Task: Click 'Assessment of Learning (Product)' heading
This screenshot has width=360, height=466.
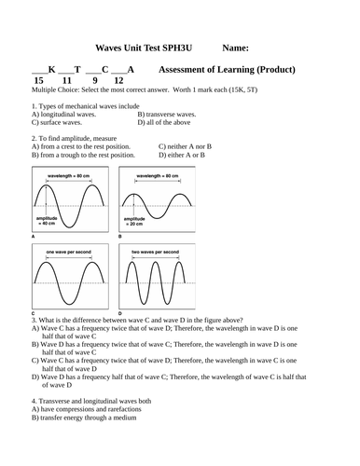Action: click(x=228, y=70)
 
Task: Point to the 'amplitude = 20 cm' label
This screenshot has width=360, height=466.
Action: click(x=139, y=221)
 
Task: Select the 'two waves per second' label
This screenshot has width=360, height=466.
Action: click(x=155, y=252)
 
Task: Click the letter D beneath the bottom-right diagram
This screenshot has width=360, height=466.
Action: click(x=122, y=311)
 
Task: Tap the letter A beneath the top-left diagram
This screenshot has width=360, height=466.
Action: click(x=34, y=237)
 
